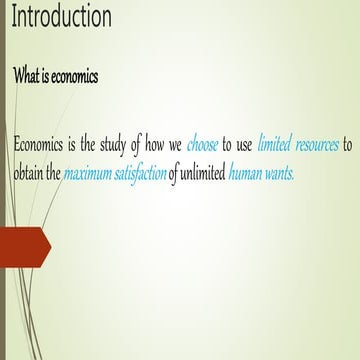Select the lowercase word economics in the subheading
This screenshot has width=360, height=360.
point(76,77)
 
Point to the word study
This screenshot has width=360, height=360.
point(123,145)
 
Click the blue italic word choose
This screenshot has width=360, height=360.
point(202,145)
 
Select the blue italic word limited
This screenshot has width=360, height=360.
point(277,145)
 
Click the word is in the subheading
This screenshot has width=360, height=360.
point(45,77)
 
